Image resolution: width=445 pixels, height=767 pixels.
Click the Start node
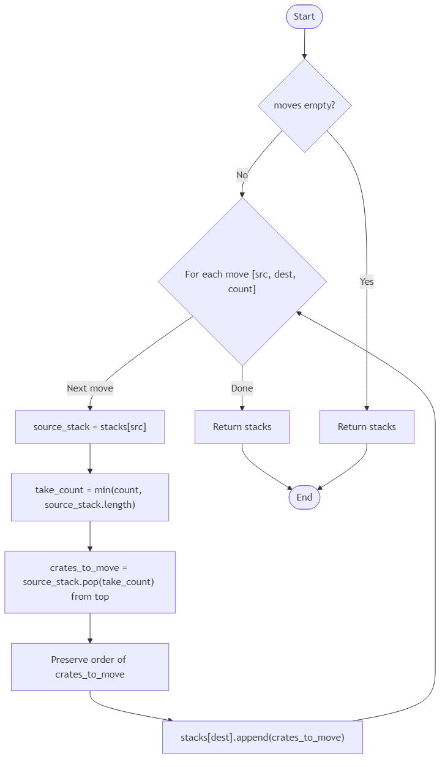click(304, 17)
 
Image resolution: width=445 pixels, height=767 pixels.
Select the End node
click(304, 497)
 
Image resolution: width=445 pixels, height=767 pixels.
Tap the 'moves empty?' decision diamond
click(304, 105)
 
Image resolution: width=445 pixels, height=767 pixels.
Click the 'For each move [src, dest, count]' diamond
click(242, 281)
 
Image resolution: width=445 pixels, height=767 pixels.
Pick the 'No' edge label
click(242, 175)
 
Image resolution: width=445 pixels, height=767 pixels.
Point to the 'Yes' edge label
click(367, 282)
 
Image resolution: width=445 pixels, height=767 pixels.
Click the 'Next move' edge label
click(90, 388)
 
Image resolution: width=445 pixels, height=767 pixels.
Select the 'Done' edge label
click(242, 388)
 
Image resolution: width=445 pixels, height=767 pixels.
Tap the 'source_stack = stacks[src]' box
click(90, 427)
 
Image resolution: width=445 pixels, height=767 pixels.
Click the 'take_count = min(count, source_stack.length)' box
click(90, 497)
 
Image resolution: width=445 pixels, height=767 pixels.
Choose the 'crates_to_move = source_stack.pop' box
click(90, 582)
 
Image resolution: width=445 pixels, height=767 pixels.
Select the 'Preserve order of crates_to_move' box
click(90, 667)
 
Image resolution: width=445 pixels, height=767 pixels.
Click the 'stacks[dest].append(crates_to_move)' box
click(263, 737)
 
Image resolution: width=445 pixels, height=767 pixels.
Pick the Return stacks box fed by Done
click(242, 427)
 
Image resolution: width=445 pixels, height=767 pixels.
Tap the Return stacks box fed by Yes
click(367, 427)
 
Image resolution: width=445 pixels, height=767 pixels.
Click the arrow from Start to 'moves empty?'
click(304, 43)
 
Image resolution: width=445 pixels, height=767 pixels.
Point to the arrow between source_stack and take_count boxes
click(90, 458)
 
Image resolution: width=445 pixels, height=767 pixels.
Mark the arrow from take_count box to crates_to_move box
click(90, 536)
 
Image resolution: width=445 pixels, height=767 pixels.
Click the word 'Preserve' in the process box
click(70, 660)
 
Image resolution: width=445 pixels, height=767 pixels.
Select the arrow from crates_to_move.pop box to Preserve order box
click(90, 628)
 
